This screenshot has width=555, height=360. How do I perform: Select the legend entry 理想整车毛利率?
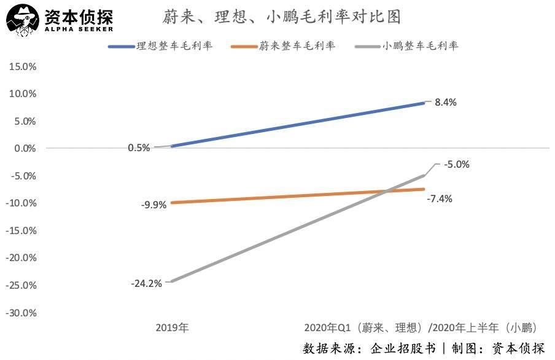coord(173,47)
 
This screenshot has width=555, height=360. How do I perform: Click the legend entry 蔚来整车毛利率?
coord(297,47)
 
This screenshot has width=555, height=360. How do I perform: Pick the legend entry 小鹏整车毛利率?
coord(420,47)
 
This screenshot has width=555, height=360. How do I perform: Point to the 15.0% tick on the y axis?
coord(23,66)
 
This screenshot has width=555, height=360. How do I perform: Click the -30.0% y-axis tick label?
coord(21,313)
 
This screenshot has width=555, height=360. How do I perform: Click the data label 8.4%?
coord(446,103)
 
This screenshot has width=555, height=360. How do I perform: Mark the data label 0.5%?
coord(139,147)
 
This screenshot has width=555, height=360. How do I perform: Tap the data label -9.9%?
coord(153,205)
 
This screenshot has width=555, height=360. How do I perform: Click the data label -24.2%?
coord(146,283)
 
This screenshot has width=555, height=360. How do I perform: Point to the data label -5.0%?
coord(457,164)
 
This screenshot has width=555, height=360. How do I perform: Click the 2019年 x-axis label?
coord(172,327)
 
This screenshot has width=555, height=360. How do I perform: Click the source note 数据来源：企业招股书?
coord(369,348)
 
